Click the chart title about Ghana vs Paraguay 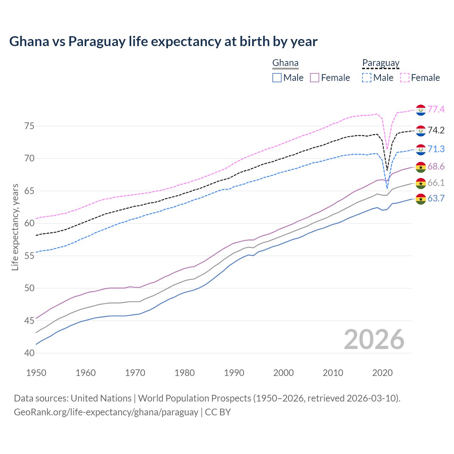(163, 41)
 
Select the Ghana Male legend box (277, 78)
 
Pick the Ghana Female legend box (315, 78)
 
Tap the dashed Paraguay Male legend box (367, 78)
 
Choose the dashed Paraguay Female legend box (405, 78)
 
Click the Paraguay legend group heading (381, 63)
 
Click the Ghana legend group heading (285, 63)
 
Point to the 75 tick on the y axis (29, 126)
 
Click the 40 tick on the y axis (29, 353)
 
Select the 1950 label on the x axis (36, 373)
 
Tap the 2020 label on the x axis (382, 373)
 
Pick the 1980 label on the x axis (184, 373)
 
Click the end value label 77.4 (436, 109)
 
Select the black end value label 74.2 (436, 130)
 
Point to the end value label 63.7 (436, 198)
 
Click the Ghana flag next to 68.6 (421, 167)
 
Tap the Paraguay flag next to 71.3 (421, 150)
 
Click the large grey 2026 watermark (374, 340)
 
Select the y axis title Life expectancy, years (15, 227)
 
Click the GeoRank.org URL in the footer (106, 412)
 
